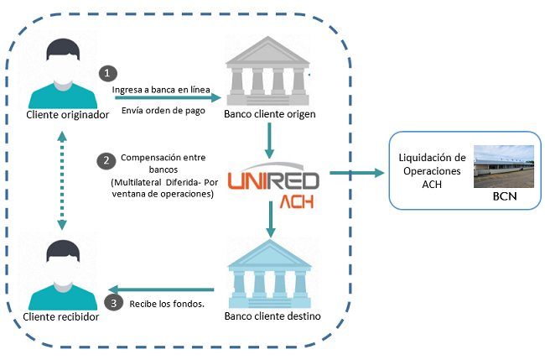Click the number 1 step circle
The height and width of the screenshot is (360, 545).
106,73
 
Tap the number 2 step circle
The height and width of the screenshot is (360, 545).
106,159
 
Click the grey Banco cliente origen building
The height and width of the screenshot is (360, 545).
269,73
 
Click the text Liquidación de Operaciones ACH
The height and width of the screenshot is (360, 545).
431,169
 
